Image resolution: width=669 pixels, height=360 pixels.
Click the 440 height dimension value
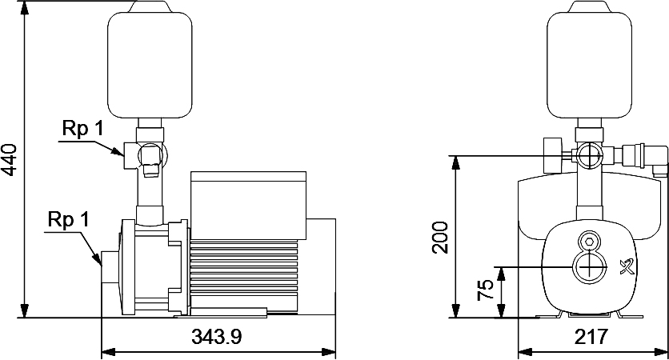[10, 160]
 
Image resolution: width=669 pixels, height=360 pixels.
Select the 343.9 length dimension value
[217, 337]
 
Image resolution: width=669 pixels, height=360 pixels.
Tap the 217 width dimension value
[591, 337]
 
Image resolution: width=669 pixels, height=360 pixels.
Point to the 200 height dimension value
[440, 238]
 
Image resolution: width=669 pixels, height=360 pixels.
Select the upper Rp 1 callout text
[82, 128]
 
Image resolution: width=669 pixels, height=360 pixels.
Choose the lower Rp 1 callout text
[68, 220]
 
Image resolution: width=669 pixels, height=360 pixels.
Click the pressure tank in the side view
[150, 60]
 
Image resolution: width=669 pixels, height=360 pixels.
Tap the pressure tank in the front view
[589, 60]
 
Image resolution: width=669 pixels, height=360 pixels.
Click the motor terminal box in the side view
[248, 206]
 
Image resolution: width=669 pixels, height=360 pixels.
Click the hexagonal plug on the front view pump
[590, 241]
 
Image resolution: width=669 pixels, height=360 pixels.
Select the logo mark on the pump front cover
[627, 267]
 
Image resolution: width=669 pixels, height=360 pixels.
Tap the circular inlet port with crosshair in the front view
[590, 267]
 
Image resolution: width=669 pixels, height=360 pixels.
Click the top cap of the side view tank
[150, 6]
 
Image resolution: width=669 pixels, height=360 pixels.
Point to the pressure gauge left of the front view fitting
[553, 155]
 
